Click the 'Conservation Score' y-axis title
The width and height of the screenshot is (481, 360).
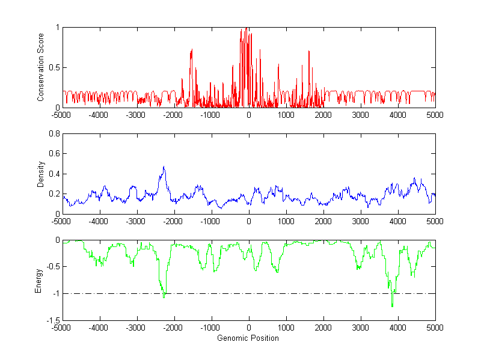[x=40, y=67]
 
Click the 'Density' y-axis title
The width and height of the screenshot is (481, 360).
[x=40, y=174]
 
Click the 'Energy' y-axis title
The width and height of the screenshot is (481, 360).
[x=38, y=280]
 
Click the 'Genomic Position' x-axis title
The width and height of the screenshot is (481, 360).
[x=248, y=338]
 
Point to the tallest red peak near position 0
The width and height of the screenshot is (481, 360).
[x=247, y=28]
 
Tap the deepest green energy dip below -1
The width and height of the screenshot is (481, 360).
[x=392, y=307]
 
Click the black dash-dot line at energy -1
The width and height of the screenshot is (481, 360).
[x=301, y=293]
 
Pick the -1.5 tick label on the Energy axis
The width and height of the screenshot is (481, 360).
[x=52, y=321]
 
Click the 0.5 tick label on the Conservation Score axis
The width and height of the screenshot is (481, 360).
[x=54, y=67]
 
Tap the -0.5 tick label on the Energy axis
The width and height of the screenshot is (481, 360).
[x=52, y=267]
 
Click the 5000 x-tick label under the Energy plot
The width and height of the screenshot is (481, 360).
[x=435, y=328]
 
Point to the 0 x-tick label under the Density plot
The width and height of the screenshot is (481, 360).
[x=248, y=221]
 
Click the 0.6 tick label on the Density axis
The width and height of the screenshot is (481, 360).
[x=54, y=154]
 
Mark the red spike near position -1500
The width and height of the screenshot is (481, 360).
[x=191, y=50]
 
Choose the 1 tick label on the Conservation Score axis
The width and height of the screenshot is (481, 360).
[x=57, y=28]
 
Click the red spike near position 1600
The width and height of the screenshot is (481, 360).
[x=309, y=52]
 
